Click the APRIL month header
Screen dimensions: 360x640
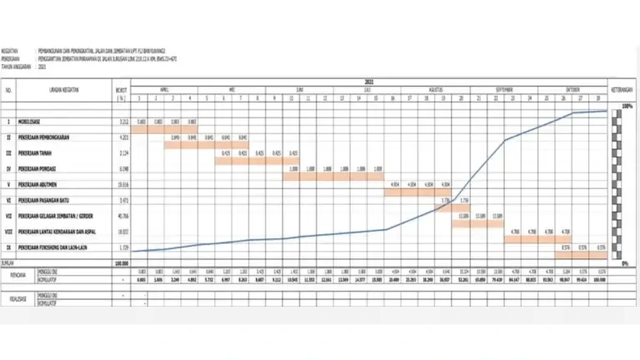[164, 87]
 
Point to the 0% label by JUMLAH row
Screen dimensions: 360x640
[626, 262]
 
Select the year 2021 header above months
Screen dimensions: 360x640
[369, 81]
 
